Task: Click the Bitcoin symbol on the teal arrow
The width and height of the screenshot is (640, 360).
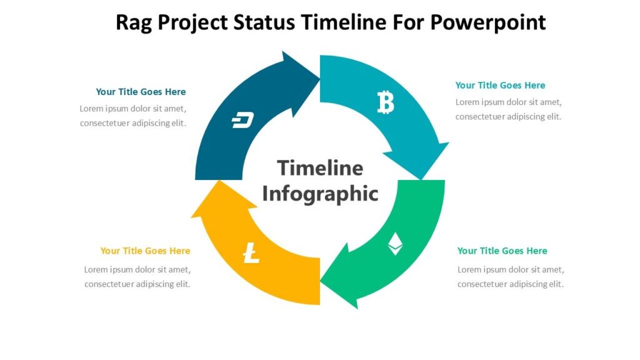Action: tap(386, 102)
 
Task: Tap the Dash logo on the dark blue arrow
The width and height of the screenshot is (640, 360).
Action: tap(242, 121)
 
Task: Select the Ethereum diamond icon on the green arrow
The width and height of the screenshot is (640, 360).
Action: tap(395, 244)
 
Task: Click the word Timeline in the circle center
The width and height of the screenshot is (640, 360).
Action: tap(320, 167)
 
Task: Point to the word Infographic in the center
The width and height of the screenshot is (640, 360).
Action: tap(320, 194)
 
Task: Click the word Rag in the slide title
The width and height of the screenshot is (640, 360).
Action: tap(134, 22)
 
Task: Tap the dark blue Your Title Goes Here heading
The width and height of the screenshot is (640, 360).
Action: tap(141, 92)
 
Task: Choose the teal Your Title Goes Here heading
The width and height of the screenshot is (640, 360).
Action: tap(500, 86)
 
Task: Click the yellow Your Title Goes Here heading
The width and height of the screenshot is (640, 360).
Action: tap(145, 251)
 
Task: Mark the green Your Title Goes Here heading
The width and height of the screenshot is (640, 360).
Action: tap(502, 251)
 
